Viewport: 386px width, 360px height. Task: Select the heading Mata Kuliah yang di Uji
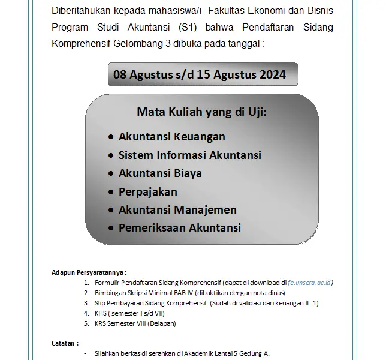[x=202, y=112]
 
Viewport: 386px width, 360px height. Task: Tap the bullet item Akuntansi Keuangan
[x=171, y=137]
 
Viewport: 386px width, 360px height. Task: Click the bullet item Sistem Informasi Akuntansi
[x=189, y=155]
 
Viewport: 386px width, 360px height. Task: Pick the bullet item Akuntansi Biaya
[x=160, y=173]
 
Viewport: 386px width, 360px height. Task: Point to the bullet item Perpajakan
[x=147, y=192]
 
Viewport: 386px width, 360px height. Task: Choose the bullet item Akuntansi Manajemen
[x=177, y=210]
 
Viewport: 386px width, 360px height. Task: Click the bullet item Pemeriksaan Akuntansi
[x=179, y=228]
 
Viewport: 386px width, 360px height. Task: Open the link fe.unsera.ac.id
[x=310, y=282]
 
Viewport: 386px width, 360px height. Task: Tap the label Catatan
[x=65, y=344]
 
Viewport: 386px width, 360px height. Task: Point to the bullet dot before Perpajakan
[x=111, y=193]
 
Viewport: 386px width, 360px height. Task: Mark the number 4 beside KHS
[x=86, y=313]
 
